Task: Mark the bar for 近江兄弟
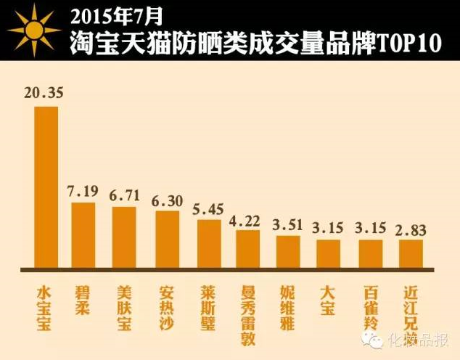[x=411, y=253]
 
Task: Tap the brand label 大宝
[x=328, y=300]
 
